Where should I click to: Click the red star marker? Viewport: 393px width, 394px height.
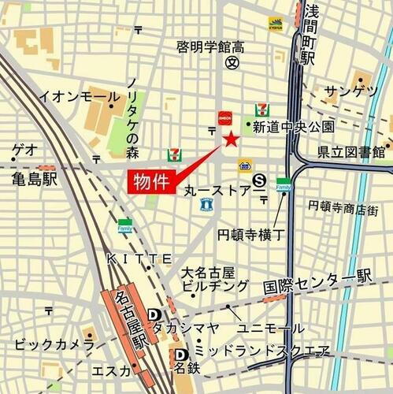(231, 140)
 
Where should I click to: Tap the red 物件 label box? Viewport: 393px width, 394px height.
(150, 181)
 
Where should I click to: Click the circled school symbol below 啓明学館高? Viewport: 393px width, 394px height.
(232, 64)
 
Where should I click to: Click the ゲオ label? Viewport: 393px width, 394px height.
(24, 150)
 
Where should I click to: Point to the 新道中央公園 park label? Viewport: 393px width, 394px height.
(293, 126)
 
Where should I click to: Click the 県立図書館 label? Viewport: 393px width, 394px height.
(350, 151)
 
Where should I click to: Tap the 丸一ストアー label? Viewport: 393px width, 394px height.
(217, 191)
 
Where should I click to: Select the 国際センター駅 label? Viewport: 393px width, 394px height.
(317, 277)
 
